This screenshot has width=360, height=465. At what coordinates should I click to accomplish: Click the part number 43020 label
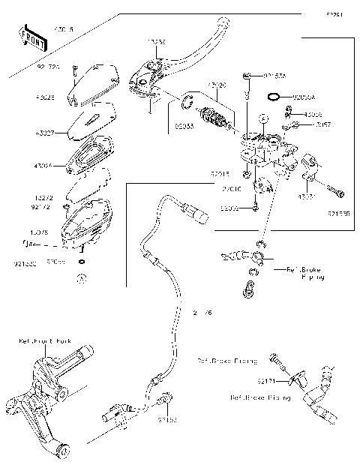[x=217, y=85]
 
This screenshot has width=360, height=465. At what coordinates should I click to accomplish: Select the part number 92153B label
[x=339, y=213]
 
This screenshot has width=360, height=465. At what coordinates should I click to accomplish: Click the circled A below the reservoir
[x=82, y=277]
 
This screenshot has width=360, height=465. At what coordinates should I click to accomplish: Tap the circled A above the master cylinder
[x=263, y=118]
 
